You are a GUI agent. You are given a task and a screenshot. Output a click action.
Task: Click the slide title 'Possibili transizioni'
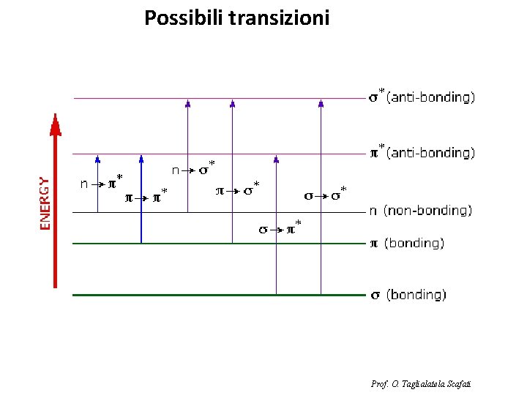(x=236, y=18)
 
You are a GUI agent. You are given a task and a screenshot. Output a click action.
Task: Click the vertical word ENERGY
(x=45, y=203)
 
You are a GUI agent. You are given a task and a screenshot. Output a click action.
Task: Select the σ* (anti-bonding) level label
(x=421, y=97)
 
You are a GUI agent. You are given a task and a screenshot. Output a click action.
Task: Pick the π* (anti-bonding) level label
(x=421, y=153)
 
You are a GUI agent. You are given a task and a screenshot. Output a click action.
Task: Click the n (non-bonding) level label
(x=420, y=211)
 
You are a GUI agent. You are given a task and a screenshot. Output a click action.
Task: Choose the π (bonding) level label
(x=405, y=243)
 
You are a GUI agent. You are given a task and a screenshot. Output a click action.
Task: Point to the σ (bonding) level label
(x=406, y=295)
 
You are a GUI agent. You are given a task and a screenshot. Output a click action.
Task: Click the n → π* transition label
(x=102, y=183)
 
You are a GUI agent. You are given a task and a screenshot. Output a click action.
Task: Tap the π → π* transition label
(x=146, y=196)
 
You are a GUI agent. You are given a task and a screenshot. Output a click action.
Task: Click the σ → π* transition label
(x=280, y=229)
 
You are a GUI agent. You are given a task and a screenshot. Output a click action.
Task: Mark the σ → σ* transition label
(x=325, y=195)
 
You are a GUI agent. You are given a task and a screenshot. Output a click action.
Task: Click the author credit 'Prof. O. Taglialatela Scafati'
(x=421, y=383)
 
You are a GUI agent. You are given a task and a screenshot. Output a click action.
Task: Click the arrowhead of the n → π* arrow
(x=97, y=158)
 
